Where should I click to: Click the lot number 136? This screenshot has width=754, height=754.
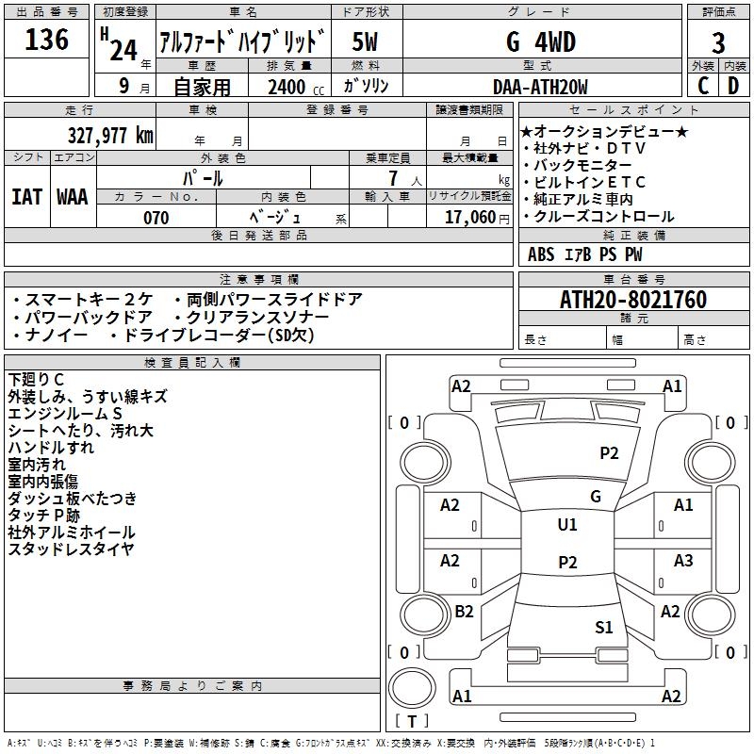pyautogui.click(x=47, y=40)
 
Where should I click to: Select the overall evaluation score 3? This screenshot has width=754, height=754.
pyautogui.click(x=718, y=43)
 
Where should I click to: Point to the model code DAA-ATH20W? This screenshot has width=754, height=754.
pyautogui.click(x=540, y=88)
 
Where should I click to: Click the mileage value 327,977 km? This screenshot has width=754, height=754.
pyautogui.click(x=111, y=136)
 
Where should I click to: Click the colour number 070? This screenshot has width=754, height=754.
pyautogui.click(x=156, y=218)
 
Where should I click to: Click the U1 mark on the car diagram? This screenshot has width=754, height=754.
pyautogui.click(x=566, y=525)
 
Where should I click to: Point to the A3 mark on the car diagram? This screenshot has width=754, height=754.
pyautogui.click(x=683, y=562)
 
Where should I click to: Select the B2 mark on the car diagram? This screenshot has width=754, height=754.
pyautogui.click(x=464, y=612)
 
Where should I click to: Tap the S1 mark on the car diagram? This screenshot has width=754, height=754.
pyautogui.click(x=604, y=627)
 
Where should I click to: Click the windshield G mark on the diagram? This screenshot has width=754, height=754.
pyautogui.click(x=595, y=497)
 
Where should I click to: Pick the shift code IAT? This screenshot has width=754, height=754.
pyautogui.click(x=26, y=197)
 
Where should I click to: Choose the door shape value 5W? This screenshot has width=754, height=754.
pyautogui.click(x=366, y=42)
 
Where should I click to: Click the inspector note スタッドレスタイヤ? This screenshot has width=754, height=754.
pyautogui.click(x=71, y=549)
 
